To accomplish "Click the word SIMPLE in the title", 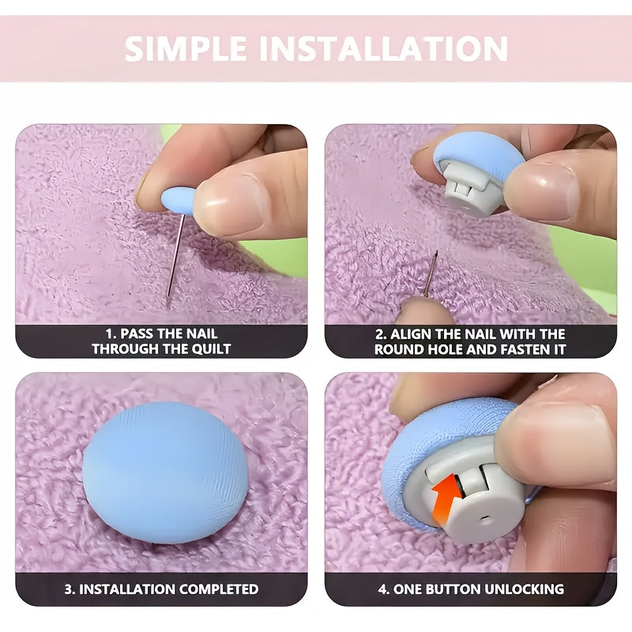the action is coord(186,48).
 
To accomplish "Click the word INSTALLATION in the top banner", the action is coord(383,48).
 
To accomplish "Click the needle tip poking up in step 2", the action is coord(436,253).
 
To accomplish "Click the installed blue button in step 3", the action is coord(165,472).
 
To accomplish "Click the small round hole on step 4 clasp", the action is coord(484,517).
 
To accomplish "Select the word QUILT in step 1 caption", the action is coord(211,348).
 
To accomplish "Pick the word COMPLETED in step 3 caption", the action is coord(219,589).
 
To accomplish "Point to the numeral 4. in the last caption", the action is coord(383,589).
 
